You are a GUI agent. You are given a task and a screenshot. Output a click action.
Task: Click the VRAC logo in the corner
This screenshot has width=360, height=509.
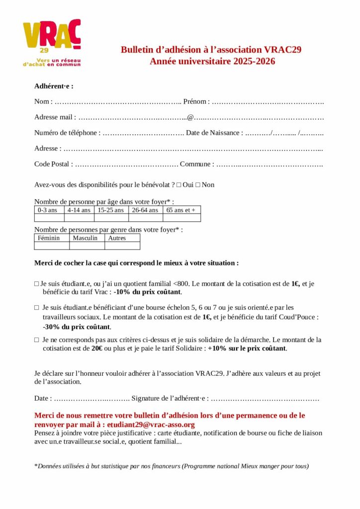coord(52,43)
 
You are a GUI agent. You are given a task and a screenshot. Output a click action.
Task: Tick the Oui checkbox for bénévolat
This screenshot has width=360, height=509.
coord(179,185)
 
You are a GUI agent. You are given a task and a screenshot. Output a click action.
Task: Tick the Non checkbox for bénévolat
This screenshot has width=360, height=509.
coord(197,185)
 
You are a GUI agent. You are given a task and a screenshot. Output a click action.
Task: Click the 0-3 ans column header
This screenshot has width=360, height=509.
coord(48,210)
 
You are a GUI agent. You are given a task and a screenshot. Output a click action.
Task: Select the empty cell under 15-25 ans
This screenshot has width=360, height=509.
coord(110,218)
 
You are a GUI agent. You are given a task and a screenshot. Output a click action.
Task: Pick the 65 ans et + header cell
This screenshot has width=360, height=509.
coord(181,210)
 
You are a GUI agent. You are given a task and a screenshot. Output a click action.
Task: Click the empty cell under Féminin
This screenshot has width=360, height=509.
coord(49,246)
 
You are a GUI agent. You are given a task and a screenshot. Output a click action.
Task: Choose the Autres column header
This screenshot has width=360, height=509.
coord(117,238)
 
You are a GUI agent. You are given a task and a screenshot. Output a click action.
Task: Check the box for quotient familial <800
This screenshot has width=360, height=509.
coord(37,284)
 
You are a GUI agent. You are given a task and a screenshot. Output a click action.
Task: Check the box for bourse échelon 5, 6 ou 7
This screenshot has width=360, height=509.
coord(37,308)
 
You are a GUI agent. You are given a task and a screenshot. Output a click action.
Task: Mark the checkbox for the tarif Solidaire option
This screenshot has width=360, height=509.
coord(37,340)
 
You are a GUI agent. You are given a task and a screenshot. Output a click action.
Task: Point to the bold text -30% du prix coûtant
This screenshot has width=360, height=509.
coord(77,327)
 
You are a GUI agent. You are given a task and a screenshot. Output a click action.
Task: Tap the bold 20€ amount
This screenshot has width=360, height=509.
coord(97,348)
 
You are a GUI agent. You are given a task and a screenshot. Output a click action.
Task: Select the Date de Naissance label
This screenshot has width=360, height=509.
coord(214,133)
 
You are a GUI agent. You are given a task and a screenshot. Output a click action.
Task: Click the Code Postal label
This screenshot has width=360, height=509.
coord(53,164)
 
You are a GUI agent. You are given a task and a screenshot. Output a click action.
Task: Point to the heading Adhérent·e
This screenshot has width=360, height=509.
coord(54,86)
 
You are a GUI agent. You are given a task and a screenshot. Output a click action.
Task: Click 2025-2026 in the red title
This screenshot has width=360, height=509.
coord(248,62)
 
